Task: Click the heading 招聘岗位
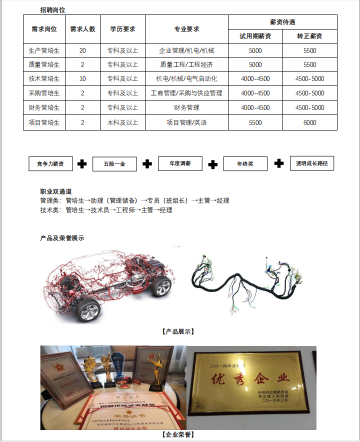click(x=52, y=9)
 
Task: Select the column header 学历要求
click(x=122, y=29)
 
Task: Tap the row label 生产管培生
click(x=44, y=50)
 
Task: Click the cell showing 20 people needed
click(x=82, y=50)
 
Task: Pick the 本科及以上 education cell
click(x=122, y=122)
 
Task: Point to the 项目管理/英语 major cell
click(x=186, y=122)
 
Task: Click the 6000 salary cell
click(x=309, y=122)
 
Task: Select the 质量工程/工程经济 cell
click(x=186, y=64)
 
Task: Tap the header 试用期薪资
click(x=255, y=36)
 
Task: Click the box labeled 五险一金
click(x=114, y=163)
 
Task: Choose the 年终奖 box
click(x=245, y=163)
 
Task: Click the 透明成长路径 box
click(x=311, y=163)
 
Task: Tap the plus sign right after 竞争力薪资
click(x=82, y=163)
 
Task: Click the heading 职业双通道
click(x=56, y=191)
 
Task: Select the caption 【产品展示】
click(x=178, y=331)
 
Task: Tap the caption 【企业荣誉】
click(x=178, y=434)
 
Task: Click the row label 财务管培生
click(x=44, y=107)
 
